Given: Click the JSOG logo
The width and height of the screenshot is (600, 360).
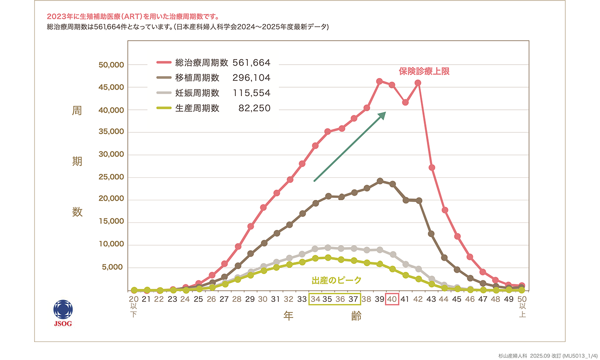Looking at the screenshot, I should [x=63, y=312].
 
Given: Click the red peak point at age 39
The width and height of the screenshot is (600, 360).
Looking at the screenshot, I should [x=379, y=81].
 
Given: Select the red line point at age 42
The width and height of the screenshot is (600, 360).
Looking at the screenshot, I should [x=418, y=83].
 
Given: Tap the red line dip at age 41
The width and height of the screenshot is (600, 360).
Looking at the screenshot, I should [x=405, y=102].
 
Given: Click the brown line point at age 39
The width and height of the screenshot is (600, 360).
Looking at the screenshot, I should [x=379, y=181].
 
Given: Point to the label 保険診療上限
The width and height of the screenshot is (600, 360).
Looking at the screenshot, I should [x=424, y=72].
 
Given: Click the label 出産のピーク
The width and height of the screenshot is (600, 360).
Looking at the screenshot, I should [x=336, y=280].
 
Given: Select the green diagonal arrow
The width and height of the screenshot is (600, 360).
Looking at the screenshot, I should [x=349, y=146].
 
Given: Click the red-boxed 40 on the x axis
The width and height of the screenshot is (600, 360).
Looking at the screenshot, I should [x=392, y=300].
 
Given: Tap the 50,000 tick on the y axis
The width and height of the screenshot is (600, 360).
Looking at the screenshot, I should [x=111, y=65].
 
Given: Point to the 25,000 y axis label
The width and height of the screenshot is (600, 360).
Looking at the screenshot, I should [x=111, y=177].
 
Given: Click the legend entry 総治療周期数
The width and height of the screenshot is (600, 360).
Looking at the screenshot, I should [x=202, y=62].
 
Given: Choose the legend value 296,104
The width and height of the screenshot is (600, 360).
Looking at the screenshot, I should [x=252, y=78].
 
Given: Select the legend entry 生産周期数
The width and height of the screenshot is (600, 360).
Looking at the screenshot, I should [x=197, y=108].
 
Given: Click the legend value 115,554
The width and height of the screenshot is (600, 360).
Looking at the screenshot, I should [x=252, y=93].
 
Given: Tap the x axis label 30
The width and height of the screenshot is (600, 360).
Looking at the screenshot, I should [x=263, y=300].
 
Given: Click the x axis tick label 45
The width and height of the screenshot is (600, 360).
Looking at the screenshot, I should [x=456, y=300].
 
